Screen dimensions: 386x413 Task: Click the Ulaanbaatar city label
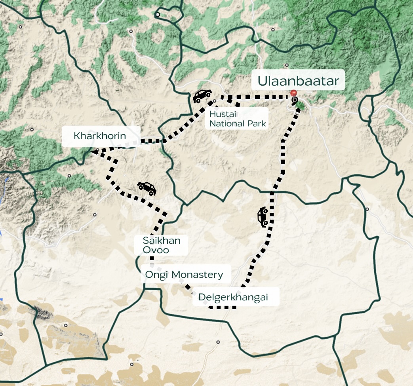pos(298,81)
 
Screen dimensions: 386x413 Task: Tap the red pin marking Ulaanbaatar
pos(294,93)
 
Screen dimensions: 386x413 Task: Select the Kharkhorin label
pos(100,136)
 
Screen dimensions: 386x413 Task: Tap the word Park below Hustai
pos(257,124)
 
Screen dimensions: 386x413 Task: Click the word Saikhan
pos(162,241)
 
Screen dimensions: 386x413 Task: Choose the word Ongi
pos(155,275)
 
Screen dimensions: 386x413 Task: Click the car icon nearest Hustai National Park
pos(202,96)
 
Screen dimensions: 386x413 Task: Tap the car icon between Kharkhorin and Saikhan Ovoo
pos(147,188)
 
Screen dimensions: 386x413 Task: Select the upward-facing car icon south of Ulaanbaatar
pos(263,217)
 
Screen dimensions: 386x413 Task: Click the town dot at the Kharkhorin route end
pos(97,151)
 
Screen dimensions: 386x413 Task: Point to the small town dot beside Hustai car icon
pos(215,101)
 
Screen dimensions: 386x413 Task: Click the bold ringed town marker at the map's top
pos(158,15)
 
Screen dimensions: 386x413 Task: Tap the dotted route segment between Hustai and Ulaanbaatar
pos(261,97)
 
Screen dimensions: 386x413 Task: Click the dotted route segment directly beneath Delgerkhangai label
pos(224,307)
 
